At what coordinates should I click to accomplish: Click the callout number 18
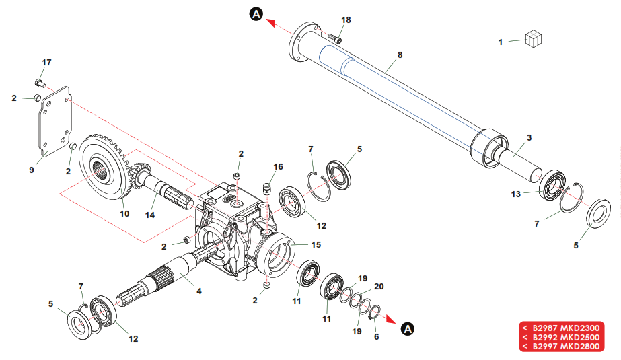coord(346,20)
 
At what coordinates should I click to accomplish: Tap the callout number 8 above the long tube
coord(400,54)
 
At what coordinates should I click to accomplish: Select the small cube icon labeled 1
coord(533,40)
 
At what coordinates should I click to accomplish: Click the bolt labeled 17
coord(40,83)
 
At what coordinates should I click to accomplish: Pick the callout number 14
coord(151,215)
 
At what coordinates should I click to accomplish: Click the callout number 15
coord(316,244)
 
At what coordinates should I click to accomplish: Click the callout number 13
coord(516,194)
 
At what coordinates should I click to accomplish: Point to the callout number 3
coord(529,137)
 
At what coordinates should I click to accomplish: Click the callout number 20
coord(378,286)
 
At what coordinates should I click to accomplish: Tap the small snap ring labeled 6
coord(376,314)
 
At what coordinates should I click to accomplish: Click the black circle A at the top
coord(256,13)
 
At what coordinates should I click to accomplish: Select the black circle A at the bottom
coord(407,329)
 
